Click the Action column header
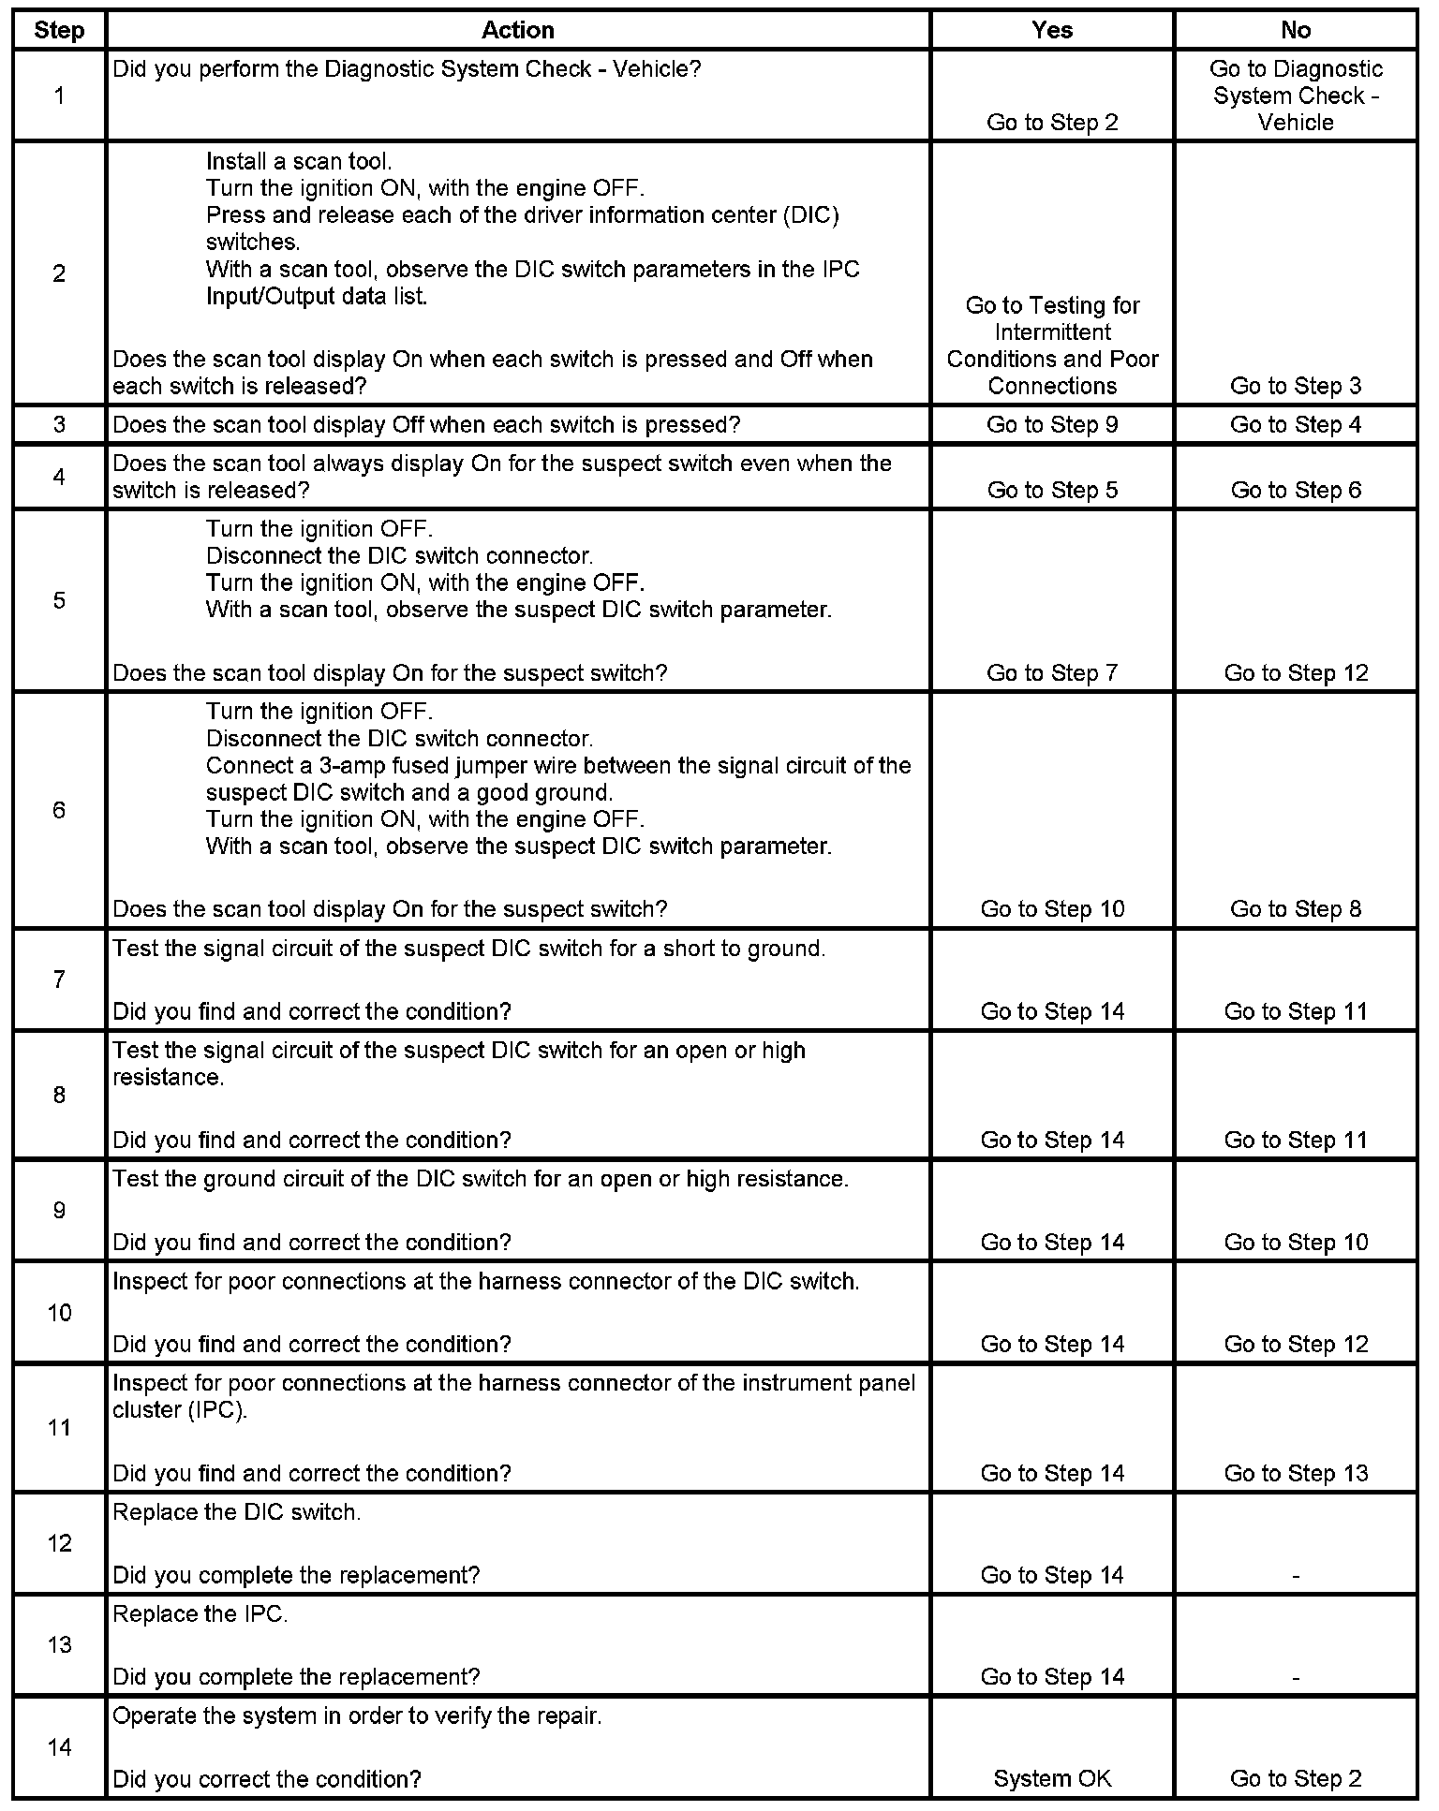point(517,30)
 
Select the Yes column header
point(1051,30)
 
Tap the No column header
point(1295,30)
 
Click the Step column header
point(59,30)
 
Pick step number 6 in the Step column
point(59,810)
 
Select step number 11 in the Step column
point(59,1427)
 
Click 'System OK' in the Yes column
point(1052,1778)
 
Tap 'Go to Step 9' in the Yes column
point(1052,424)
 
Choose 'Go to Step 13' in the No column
point(1296,1473)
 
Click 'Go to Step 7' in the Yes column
point(1052,672)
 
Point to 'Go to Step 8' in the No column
point(1296,908)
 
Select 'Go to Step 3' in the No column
point(1296,385)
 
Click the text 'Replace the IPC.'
point(200,1614)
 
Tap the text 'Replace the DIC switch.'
point(236,1512)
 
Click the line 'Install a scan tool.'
point(299,161)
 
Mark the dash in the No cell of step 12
point(1296,1576)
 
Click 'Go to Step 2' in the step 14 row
point(1296,1778)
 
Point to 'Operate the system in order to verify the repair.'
point(357,1716)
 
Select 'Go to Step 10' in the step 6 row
point(1052,908)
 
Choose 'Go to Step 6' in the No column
point(1296,490)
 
